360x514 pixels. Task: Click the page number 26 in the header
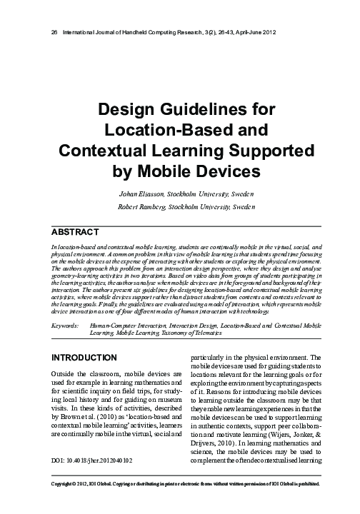point(47,33)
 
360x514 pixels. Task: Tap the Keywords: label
point(66,325)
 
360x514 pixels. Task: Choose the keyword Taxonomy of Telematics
point(214,333)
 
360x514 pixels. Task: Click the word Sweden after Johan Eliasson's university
point(240,193)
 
